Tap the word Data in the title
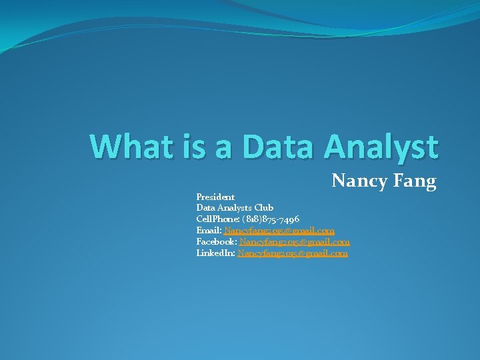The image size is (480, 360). pyautogui.click(x=280, y=145)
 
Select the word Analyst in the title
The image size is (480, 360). pyautogui.click(x=382, y=147)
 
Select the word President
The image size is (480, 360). pyautogui.click(x=215, y=197)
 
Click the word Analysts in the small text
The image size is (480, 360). pyautogui.click(x=233, y=208)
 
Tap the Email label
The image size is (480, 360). pyautogui.click(x=209, y=231)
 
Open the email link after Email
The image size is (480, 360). pyautogui.click(x=279, y=231)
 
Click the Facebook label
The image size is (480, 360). pyautogui.click(x=216, y=242)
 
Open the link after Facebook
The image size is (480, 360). pyautogui.click(x=295, y=242)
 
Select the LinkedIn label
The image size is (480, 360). pyautogui.click(x=215, y=253)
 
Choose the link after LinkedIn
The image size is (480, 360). pyautogui.click(x=293, y=253)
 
